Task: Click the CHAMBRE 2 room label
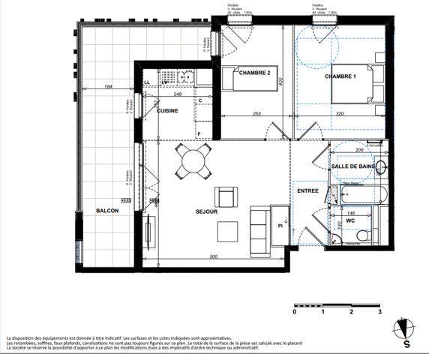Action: pyautogui.click(x=254, y=72)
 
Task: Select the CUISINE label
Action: pyautogui.click(x=167, y=110)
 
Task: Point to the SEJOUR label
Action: pyautogui.click(x=206, y=212)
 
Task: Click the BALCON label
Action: pyautogui.click(x=107, y=211)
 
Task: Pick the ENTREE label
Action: pyautogui.click(x=308, y=191)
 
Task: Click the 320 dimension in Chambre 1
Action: pyautogui.click(x=339, y=114)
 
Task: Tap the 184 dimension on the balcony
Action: pyautogui.click(x=108, y=88)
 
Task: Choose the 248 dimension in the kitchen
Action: pyautogui.click(x=178, y=94)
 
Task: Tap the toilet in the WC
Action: pyautogui.click(x=361, y=235)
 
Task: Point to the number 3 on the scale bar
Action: pyautogui.click(x=380, y=311)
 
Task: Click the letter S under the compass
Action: pyautogui.click(x=406, y=345)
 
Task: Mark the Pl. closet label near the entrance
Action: pyautogui.click(x=280, y=223)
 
